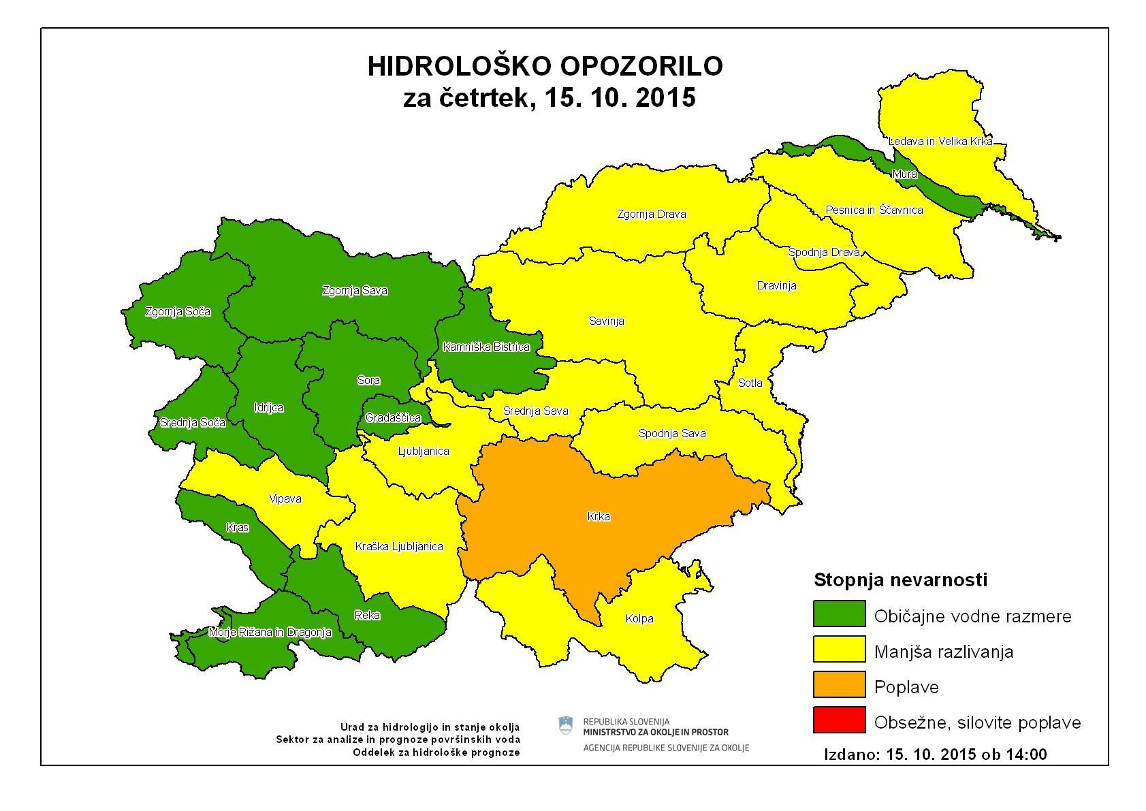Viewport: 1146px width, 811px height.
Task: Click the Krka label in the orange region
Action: click(598, 517)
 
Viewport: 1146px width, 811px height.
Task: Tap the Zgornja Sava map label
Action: click(355, 291)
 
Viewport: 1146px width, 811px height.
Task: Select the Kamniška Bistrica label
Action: click(486, 347)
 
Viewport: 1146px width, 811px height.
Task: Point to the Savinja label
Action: click(606, 321)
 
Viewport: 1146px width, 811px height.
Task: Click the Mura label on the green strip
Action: click(904, 174)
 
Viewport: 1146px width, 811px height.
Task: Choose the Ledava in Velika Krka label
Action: click(940, 141)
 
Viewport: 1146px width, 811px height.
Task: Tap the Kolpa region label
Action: click(639, 619)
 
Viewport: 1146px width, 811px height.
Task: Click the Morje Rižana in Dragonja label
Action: click(270, 633)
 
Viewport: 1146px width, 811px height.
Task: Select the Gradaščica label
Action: click(393, 418)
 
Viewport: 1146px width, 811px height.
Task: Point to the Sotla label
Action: click(750, 383)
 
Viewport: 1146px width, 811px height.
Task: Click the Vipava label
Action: click(285, 499)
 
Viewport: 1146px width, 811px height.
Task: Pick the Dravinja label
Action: click(776, 286)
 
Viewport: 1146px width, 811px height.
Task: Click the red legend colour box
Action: click(839, 720)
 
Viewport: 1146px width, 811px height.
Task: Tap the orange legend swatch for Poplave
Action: click(839, 684)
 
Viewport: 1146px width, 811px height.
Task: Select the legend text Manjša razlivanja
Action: click(943, 652)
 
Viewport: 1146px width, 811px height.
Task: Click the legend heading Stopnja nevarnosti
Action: click(900, 580)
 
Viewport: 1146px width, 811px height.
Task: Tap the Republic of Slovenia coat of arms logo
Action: click(565, 726)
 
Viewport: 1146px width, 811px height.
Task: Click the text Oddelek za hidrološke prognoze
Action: click(436, 752)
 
